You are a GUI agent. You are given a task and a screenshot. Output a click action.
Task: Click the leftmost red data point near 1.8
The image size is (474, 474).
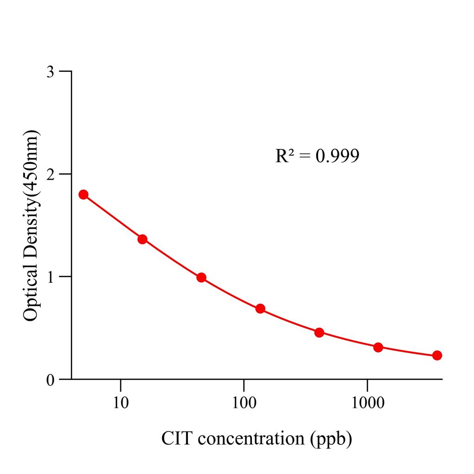[83, 194]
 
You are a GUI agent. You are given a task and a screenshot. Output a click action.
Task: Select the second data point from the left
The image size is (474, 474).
[143, 239]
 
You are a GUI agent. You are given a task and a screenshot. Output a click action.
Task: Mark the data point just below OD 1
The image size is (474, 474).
[201, 278]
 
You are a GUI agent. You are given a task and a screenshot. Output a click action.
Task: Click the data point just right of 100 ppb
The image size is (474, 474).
[260, 309]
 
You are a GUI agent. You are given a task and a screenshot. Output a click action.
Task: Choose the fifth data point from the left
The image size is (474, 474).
[319, 332]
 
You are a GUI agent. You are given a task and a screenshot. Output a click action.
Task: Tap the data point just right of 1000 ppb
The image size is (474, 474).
[378, 347]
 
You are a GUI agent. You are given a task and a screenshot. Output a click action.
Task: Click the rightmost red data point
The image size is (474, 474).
[437, 355]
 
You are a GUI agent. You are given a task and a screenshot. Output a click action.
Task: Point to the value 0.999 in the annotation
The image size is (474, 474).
[337, 156]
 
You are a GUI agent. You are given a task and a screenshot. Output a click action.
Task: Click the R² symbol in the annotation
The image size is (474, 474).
[285, 156]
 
